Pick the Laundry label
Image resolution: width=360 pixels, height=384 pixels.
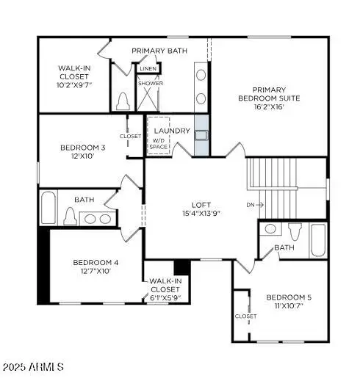pos(173,131)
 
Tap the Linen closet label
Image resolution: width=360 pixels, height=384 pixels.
pos(148,69)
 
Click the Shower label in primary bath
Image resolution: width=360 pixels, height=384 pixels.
pos(150,84)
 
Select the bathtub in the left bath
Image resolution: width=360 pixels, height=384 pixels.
pos(48,209)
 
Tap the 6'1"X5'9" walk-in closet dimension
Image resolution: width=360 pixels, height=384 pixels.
pos(165,298)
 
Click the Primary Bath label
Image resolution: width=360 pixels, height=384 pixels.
pos(159,51)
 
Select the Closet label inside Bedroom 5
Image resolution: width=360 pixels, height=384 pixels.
pos(245,316)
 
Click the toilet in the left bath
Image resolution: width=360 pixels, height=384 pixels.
pos(71,217)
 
